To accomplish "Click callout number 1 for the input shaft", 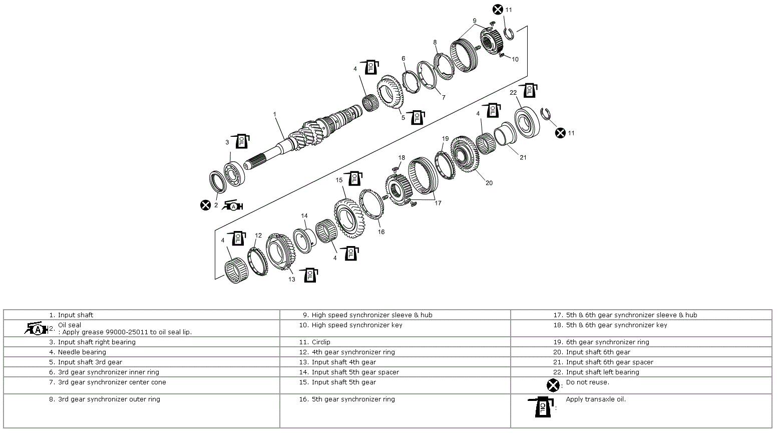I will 274,114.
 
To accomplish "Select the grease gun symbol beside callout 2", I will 232,205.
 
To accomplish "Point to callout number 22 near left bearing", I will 513,93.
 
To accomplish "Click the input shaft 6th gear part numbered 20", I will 466,153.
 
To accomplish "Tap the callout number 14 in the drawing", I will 304,216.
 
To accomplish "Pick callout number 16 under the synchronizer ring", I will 381,232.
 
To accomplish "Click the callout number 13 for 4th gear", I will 291,279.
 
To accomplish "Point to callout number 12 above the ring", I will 258,235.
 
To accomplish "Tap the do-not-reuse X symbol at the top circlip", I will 497,9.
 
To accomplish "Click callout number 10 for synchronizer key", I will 515,59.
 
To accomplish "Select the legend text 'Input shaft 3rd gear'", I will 90,362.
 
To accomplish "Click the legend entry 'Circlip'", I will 320,342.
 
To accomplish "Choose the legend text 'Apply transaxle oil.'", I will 595,399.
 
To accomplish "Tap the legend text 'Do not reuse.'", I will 587,382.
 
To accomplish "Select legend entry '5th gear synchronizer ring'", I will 353,399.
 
